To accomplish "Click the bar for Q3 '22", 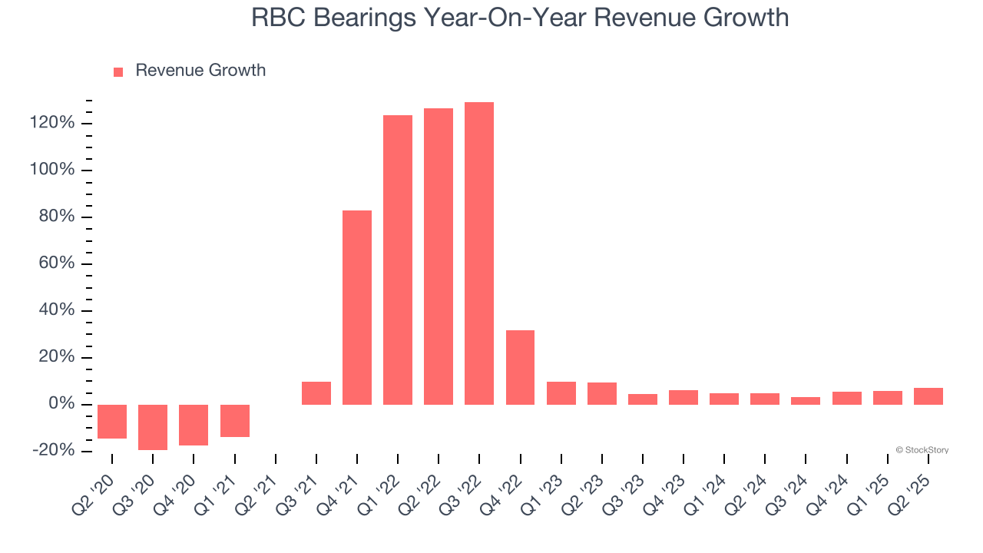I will coord(479,253).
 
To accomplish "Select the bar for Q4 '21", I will coord(357,307).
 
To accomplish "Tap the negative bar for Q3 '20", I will coord(153,427).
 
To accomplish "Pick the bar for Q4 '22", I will coord(520,367).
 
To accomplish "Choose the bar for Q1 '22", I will coord(398,260).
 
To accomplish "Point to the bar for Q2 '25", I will coord(928,396).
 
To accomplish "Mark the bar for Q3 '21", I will coord(316,393).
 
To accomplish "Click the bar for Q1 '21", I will coord(235,421).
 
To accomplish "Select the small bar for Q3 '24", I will coord(806,401).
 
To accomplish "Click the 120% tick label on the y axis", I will coord(52,123).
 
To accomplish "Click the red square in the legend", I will coord(118,72).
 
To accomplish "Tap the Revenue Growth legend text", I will coord(200,71).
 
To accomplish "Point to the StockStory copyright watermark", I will coord(922,450).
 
